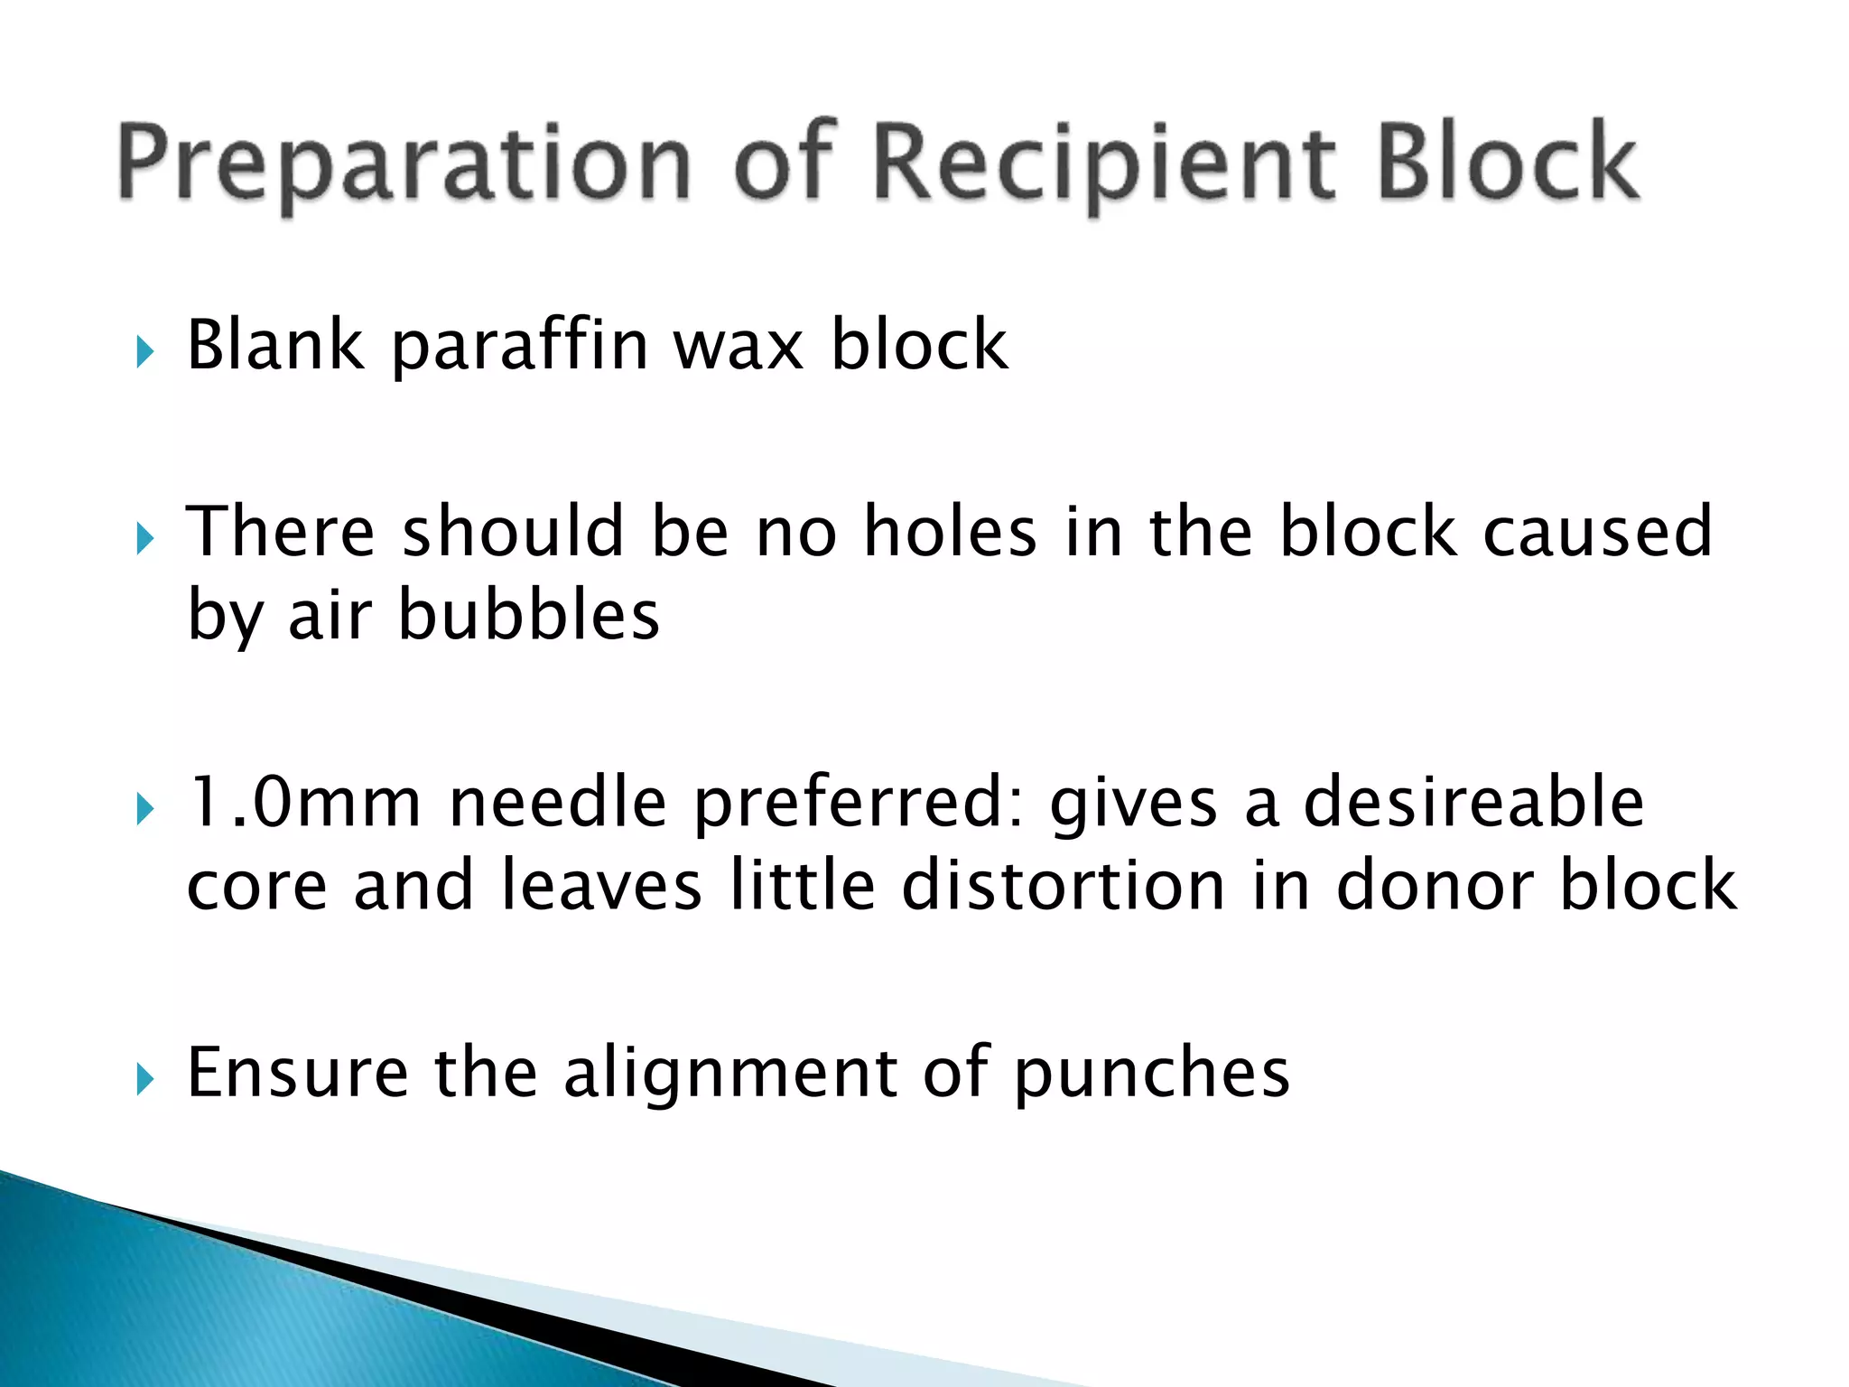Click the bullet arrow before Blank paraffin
tap(145, 351)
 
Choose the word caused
tap(1597, 531)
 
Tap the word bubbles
tap(529, 615)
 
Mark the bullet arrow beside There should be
tap(145, 539)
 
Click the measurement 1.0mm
tap(304, 802)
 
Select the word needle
tap(557, 802)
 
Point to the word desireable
tap(1473, 802)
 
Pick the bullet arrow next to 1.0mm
tap(145, 809)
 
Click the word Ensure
tap(297, 1072)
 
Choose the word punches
tap(1152, 1074)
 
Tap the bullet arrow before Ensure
tap(145, 1079)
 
